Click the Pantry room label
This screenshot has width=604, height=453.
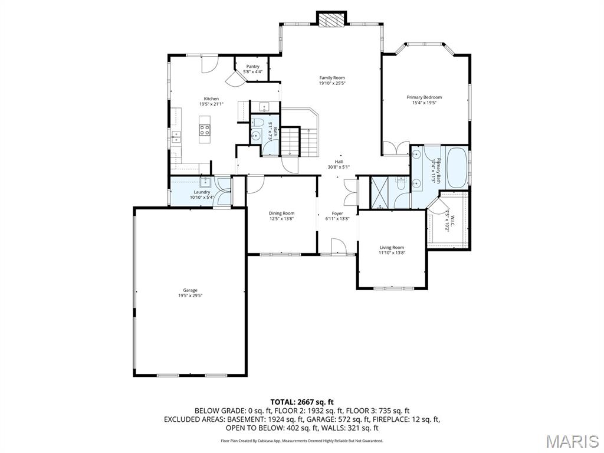click(x=253, y=67)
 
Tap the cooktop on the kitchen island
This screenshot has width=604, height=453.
click(x=205, y=129)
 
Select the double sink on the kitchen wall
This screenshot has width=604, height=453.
click(x=176, y=137)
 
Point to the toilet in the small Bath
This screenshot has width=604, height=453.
click(x=257, y=123)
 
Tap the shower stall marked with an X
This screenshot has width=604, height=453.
click(x=381, y=192)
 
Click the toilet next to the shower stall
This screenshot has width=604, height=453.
click(x=401, y=184)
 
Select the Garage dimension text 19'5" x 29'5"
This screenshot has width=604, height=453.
click(x=190, y=296)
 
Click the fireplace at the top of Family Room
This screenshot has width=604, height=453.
click(x=330, y=19)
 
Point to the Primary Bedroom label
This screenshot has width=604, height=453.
click(x=424, y=97)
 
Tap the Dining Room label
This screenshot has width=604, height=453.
click(x=281, y=214)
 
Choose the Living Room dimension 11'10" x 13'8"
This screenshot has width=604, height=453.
click(x=392, y=253)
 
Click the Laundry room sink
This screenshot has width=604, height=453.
click(x=204, y=182)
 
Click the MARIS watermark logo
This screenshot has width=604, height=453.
click(x=572, y=441)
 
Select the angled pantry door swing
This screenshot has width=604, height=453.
click(x=235, y=78)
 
